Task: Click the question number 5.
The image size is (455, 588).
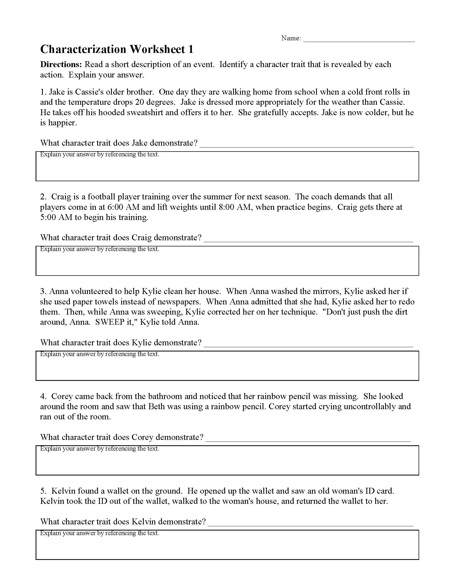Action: [x=43, y=491]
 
